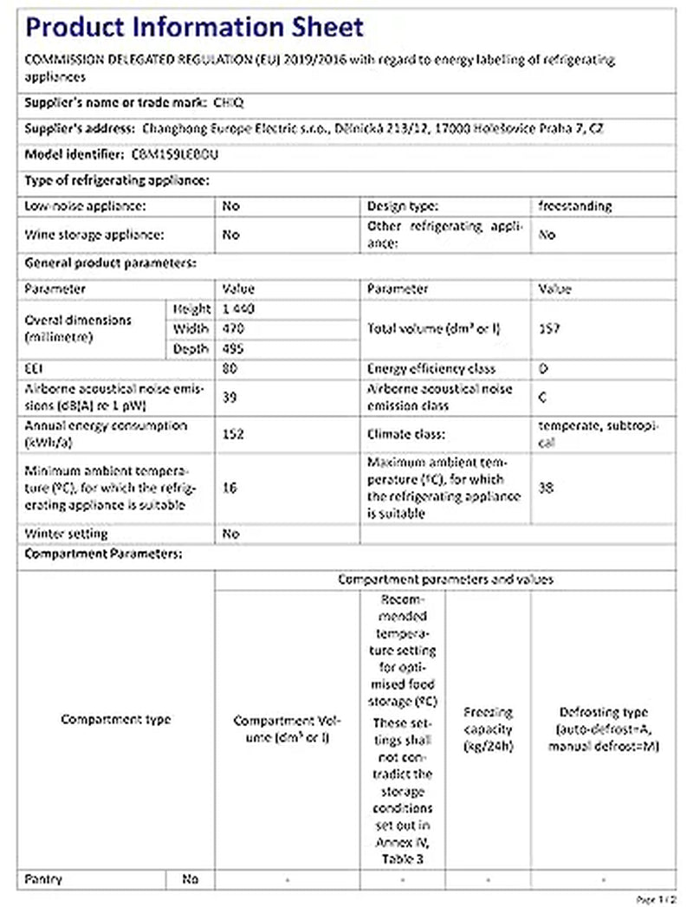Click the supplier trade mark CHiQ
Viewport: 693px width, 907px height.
click(229, 101)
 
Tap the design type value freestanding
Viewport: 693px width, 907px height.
click(574, 206)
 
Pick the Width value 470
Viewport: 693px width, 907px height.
click(234, 328)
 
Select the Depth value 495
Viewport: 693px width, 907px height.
click(234, 348)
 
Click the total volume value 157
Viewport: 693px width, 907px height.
click(547, 329)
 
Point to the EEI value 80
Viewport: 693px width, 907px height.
click(230, 368)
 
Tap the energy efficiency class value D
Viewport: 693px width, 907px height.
click(543, 368)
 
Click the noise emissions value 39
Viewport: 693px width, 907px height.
click(230, 397)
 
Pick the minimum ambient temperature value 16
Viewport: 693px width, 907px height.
click(230, 488)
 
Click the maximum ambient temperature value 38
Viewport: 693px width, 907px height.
click(546, 488)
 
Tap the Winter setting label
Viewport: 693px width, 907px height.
click(67, 534)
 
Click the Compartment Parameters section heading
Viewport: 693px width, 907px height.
click(104, 554)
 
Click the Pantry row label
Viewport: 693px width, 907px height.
click(44, 879)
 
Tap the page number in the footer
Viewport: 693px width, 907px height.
click(656, 899)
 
